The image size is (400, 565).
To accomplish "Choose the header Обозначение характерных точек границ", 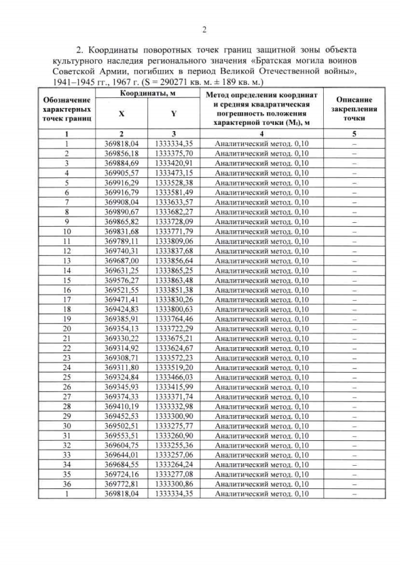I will click(66, 109).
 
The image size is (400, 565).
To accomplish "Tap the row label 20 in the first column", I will click(66, 328).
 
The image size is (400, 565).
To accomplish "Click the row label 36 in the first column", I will click(66, 484).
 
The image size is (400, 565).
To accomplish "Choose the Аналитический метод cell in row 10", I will click(261, 231).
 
